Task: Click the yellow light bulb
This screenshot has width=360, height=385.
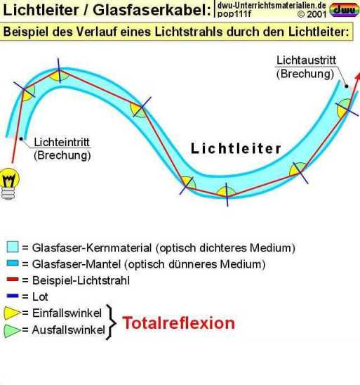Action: [x=10, y=183]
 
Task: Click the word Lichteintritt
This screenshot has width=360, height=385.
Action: [x=62, y=142]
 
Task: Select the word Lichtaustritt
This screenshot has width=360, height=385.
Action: [x=306, y=60]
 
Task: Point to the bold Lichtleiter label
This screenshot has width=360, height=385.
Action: [x=236, y=148]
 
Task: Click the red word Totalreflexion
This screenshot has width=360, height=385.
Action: [x=178, y=322]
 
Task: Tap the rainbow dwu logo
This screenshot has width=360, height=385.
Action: [x=344, y=10]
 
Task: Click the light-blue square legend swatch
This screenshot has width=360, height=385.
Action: [x=13, y=247]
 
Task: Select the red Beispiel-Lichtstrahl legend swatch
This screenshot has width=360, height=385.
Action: [x=13, y=280]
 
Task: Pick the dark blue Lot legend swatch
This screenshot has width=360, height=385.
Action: [x=13, y=296]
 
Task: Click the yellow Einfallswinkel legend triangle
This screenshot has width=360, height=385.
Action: [x=12, y=313]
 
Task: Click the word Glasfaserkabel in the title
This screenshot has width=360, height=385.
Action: [x=152, y=11]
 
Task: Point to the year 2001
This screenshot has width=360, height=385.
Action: [x=316, y=15]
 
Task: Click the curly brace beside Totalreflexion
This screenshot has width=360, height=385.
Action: [x=111, y=322]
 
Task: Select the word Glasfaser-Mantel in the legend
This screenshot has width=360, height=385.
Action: [x=76, y=264]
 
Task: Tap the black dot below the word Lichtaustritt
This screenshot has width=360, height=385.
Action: [x=347, y=86]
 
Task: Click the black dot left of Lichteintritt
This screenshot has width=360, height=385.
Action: [x=21, y=139]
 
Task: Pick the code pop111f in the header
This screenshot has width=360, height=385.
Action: [x=234, y=14]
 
